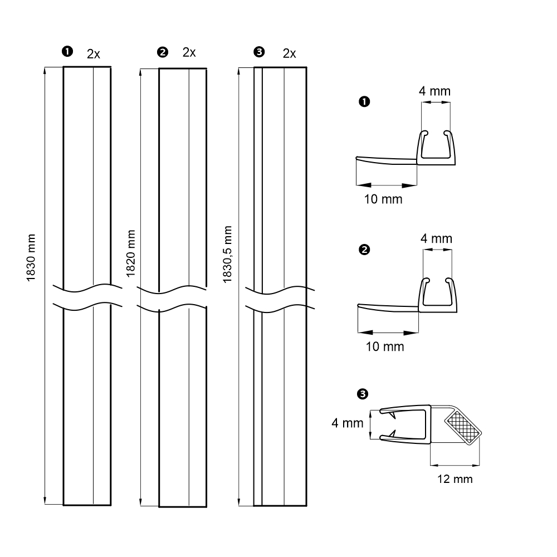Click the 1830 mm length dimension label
(31, 257)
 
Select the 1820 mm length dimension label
(131, 253)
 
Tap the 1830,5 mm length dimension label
(227, 254)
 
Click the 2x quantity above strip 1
(94, 54)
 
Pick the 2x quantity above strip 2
(189, 52)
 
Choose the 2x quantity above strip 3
(289, 53)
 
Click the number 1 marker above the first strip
(67, 51)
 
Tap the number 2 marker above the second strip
(162, 52)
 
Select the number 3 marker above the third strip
(259, 52)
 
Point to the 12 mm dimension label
(455, 479)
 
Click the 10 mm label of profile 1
(383, 199)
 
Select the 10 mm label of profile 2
(385, 346)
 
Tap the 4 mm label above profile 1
(434, 91)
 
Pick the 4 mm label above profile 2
(436, 238)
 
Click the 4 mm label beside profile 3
(348, 423)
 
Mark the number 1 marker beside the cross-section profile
(364, 101)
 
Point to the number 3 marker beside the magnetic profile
(363, 394)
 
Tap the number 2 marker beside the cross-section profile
(364, 250)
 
